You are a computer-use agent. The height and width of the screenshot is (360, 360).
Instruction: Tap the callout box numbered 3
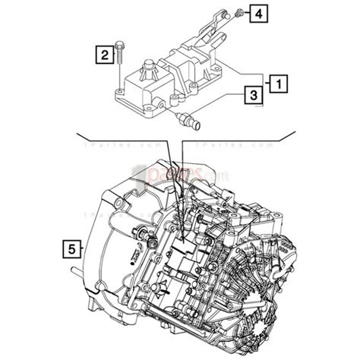(250, 95)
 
